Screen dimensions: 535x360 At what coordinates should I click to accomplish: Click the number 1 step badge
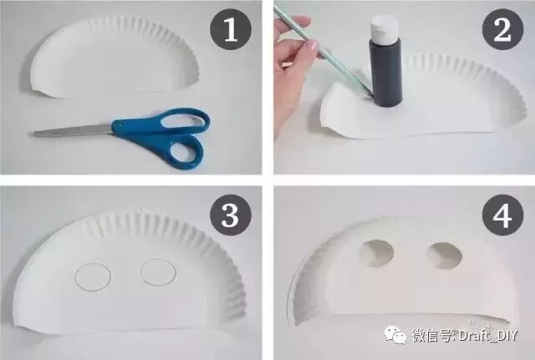pyautogui.click(x=231, y=29)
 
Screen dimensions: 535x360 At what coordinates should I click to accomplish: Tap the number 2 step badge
pyautogui.click(x=502, y=29)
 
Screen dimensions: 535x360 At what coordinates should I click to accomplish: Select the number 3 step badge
pyautogui.click(x=231, y=215)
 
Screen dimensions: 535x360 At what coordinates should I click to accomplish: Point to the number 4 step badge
pyautogui.click(x=502, y=215)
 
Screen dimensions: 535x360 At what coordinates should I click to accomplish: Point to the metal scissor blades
pyautogui.click(x=74, y=130)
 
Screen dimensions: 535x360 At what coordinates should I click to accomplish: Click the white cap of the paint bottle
pyautogui.click(x=385, y=26)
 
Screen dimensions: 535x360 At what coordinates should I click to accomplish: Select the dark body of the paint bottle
pyautogui.click(x=386, y=72)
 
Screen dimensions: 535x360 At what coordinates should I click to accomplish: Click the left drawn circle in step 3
pyautogui.click(x=93, y=276)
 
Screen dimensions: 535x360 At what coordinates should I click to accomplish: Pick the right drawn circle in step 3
pyautogui.click(x=159, y=271)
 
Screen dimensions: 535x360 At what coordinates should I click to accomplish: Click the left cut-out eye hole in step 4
pyautogui.click(x=376, y=253)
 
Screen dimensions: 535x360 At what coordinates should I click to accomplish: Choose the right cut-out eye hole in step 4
pyautogui.click(x=445, y=256)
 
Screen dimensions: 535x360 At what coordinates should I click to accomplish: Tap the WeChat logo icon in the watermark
pyautogui.click(x=395, y=334)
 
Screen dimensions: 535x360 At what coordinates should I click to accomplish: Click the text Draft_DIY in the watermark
pyautogui.click(x=488, y=336)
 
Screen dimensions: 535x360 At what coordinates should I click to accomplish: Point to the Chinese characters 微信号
pyautogui.click(x=431, y=335)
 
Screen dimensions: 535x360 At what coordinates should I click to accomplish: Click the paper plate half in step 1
pyautogui.click(x=114, y=58)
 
